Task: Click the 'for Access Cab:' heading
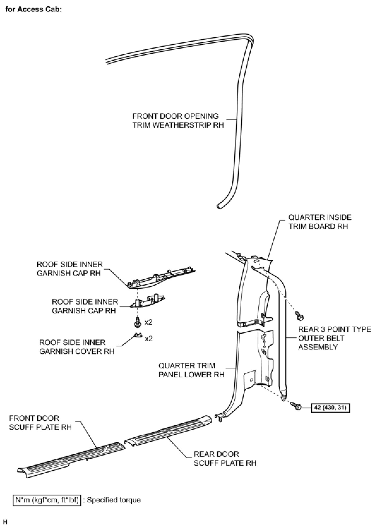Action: coord(33,9)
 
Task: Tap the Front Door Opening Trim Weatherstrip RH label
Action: coord(178,120)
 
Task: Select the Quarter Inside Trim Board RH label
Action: coord(319,222)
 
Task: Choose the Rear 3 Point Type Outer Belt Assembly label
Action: coord(334,338)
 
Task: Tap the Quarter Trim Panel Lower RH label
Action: coord(191,370)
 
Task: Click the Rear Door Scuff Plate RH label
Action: coord(225,458)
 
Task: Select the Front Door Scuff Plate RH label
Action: coord(40,422)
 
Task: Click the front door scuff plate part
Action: coord(69,458)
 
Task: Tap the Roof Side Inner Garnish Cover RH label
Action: coord(77,347)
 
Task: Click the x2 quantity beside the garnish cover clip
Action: coord(149,338)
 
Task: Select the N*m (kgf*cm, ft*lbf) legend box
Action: coord(47,500)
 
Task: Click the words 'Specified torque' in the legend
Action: coord(114,500)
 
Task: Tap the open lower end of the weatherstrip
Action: coord(218,206)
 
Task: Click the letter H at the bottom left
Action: coord(5,522)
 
